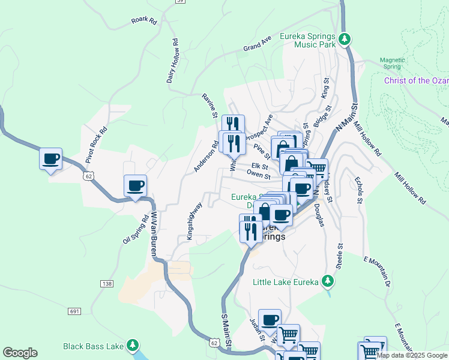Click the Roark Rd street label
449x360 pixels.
pos(143,20)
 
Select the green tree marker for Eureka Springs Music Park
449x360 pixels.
pos(344,40)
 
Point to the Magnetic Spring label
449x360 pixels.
pos(393,64)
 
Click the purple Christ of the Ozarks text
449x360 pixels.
pos(416,80)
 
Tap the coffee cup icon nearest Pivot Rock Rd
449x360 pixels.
pos(51,159)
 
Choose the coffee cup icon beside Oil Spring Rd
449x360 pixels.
pos(135,185)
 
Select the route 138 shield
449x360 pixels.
pos(107,283)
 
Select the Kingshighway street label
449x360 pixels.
pos(194,220)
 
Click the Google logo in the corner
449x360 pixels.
pos(20,353)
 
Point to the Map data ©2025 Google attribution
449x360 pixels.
pos(412,355)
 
